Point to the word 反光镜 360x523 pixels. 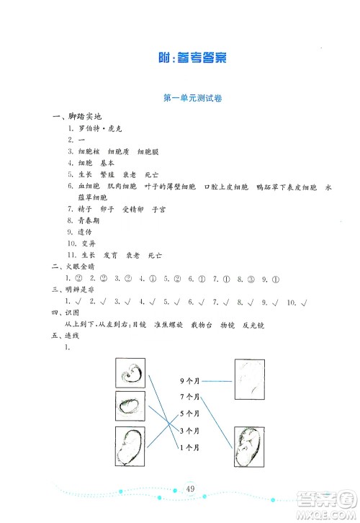256,325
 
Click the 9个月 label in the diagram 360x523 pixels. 190,380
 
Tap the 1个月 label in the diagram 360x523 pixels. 190,448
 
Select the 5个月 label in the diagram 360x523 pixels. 190,414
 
